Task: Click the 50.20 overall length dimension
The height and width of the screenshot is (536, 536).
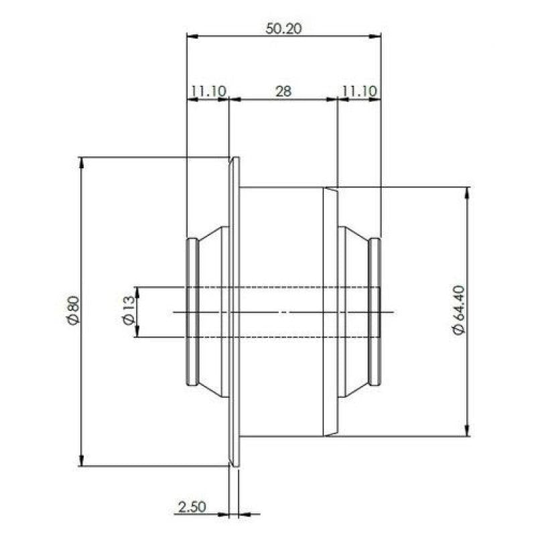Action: pyautogui.click(x=283, y=29)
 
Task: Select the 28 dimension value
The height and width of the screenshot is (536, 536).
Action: pyautogui.click(x=283, y=91)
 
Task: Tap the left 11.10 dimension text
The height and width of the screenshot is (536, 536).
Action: pyautogui.click(x=208, y=91)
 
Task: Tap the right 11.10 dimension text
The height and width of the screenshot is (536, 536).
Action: pyautogui.click(x=359, y=91)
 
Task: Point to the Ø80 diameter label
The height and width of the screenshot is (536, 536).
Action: pyautogui.click(x=73, y=310)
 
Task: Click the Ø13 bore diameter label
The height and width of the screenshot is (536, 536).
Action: pyautogui.click(x=128, y=311)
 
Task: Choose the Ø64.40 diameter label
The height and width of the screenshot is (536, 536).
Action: pyautogui.click(x=459, y=310)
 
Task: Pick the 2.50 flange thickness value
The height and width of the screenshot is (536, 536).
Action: pyautogui.click(x=192, y=507)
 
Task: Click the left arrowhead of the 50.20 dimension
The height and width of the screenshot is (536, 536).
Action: pyautogui.click(x=193, y=36)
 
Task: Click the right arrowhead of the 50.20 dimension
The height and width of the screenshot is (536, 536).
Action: pyautogui.click(x=375, y=36)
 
